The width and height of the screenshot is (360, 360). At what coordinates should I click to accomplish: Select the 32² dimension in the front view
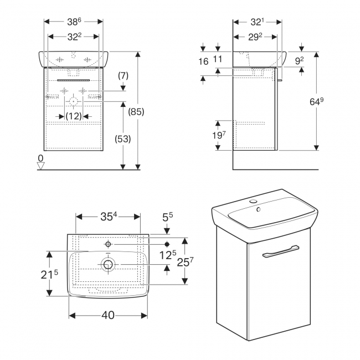point(74,37)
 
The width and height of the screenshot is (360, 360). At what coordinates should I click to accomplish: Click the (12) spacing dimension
point(73,116)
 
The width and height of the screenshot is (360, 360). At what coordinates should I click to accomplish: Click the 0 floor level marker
point(40,159)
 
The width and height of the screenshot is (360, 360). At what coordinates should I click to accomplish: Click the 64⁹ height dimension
point(316,101)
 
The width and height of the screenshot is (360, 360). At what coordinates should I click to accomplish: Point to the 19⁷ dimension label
point(218,135)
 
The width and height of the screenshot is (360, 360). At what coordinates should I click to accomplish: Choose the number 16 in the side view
point(204,61)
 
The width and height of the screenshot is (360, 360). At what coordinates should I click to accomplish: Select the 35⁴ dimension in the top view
point(109,217)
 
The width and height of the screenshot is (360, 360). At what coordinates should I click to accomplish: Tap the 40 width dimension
point(108,315)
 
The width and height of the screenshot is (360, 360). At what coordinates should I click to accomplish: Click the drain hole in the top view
point(108,265)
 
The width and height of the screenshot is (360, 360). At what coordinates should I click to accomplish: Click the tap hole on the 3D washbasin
point(257,210)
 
